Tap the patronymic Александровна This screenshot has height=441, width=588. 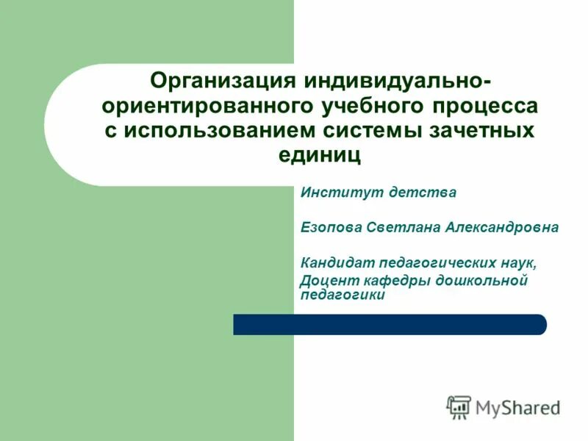pyautogui.click(x=501, y=228)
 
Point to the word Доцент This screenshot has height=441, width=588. pyautogui.click(x=326, y=280)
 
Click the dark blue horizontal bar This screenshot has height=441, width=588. pyautogui.click(x=390, y=324)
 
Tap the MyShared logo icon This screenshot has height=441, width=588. pyautogui.click(x=459, y=406)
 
